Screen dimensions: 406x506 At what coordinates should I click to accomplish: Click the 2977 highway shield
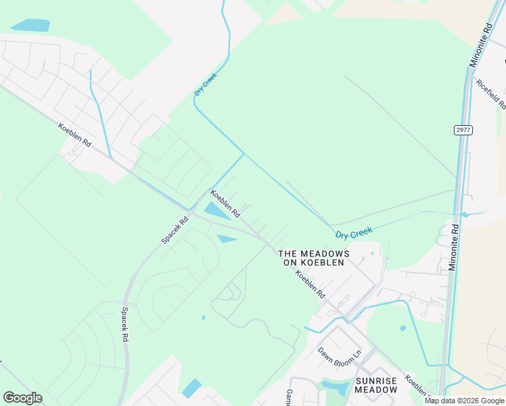(463, 131)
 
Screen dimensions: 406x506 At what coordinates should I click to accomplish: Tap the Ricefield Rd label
(491, 94)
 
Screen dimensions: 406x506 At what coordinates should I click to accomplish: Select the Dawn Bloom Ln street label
(340, 353)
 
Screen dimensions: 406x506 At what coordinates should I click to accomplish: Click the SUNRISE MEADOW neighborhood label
(377, 386)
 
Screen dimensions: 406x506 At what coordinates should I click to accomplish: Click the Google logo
(22, 398)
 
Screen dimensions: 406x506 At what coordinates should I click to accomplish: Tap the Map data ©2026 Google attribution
(464, 401)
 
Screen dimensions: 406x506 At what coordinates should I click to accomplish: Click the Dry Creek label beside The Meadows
(354, 233)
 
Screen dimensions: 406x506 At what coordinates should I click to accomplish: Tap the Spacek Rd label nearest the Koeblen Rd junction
(175, 230)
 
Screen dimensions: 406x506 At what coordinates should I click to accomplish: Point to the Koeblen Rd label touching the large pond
(225, 203)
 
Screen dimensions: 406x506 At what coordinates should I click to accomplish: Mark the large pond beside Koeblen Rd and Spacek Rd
(216, 211)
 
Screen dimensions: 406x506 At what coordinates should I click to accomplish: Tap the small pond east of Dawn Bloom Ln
(402, 329)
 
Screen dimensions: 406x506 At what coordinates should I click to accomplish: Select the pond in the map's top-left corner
(30, 26)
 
